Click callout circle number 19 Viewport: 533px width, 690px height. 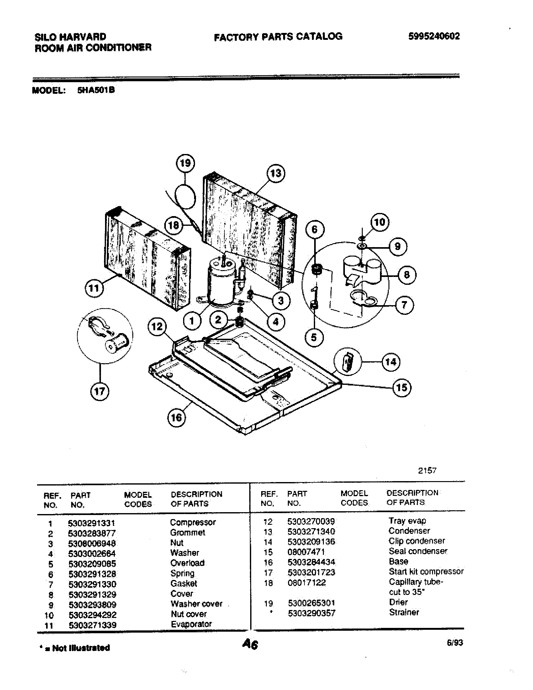click(x=185, y=163)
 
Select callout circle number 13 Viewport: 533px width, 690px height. click(x=275, y=173)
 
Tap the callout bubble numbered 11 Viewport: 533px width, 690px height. click(x=94, y=288)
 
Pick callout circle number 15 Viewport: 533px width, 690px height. click(x=402, y=388)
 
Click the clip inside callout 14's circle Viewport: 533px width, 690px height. click(x=348, y=361)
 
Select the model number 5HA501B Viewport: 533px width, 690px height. click(x=96, y=90)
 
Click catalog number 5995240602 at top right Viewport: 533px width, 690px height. click(x=434, y=37)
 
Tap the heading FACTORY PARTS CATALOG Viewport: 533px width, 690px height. click(x=278, y=37)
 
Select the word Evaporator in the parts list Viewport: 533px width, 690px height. click(x=191, y=624)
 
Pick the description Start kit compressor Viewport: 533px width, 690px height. click(x=426, y=571)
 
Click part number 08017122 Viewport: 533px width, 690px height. click(x=306, y=583)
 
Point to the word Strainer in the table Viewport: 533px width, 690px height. click(x=404, y=612)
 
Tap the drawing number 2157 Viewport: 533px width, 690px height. click(x=427, y=470)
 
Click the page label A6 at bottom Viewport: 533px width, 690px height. click(x=250, y=644)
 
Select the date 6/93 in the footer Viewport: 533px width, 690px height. click(x=455, y=643)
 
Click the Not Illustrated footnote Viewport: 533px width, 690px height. click(x=75, y=648)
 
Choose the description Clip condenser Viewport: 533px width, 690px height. click(x=416, y=541)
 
